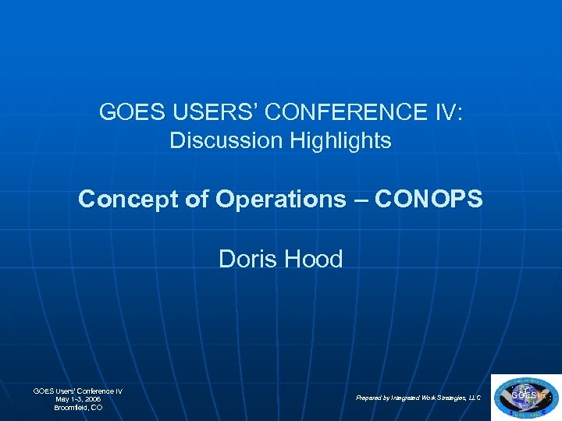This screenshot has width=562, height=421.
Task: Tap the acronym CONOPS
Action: coord(429,200)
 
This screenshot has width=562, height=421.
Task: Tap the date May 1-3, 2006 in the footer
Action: coord(78,398)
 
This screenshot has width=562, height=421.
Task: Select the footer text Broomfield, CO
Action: coord(78,407)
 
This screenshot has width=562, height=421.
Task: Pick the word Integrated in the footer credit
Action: coord(410,398)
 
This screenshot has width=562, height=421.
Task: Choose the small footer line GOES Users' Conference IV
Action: coord(78,391)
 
